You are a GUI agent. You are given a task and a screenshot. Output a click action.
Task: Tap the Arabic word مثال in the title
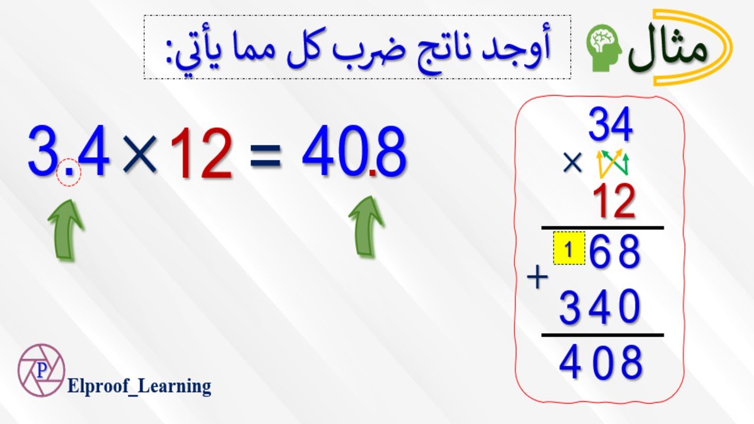tap(669, 50)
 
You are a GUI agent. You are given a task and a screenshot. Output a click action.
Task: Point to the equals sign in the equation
tap(265, 158)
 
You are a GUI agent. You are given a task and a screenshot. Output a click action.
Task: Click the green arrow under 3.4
tap(66, 228)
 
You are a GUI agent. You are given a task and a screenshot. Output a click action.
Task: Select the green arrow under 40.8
tap(367, 226)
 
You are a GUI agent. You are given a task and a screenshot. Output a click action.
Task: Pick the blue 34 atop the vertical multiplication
tap(610, 125)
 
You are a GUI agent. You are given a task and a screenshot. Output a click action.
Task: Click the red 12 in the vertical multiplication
tap(614, 201)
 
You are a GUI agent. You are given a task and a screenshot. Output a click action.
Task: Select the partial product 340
tap(600, 307)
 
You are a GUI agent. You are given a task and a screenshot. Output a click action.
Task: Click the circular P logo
tap(41, 370)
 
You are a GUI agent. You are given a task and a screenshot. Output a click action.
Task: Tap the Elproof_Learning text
tap(139, 386)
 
